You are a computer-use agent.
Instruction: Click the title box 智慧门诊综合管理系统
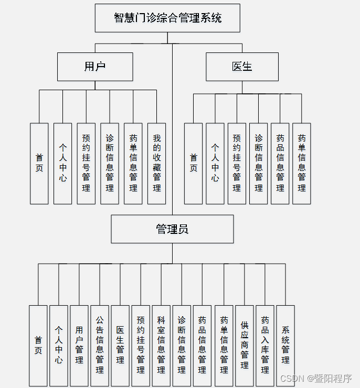coord(167,18)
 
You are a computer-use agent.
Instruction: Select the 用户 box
coord(95,67)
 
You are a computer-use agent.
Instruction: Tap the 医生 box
coord(242,67)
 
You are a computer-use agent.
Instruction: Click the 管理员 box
coord(172,229)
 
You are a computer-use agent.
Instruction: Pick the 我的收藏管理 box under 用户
coord(156,164)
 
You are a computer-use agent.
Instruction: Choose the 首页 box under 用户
coord(39,164)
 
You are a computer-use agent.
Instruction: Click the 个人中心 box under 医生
coord(215,164)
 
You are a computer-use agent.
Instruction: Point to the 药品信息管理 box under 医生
coord(280,164)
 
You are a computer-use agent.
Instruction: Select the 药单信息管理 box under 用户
coord(133,164)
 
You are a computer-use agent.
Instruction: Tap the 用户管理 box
coord(79,346)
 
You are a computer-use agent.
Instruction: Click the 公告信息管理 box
coord(100,346)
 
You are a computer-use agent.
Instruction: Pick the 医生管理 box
coord(120,346)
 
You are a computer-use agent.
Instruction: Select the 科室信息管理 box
coord(161,346)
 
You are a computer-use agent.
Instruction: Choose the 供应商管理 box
coord(245,346)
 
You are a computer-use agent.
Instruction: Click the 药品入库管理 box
coord(265,346)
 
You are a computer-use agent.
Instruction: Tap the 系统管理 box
coord(285,346)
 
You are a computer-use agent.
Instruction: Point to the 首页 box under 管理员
coord(38,346)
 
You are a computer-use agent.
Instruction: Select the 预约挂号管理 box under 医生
coord(237,164)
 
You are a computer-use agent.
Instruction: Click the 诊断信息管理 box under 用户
coord(110,164)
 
